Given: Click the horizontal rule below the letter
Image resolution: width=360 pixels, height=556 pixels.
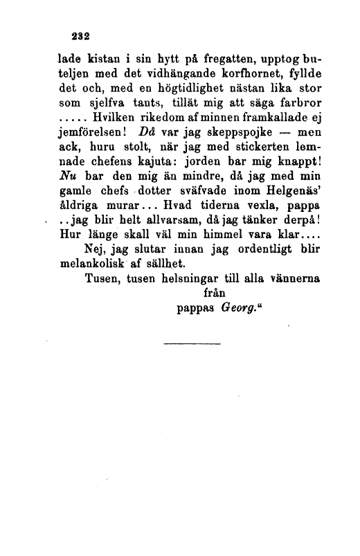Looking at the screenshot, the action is (x=192, y=343).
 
